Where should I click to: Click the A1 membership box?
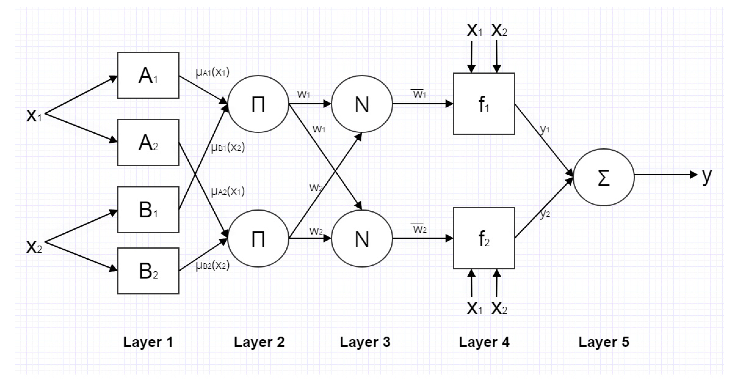point(148,75)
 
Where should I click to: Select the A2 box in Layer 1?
point(148,142)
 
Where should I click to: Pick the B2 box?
point(148,271)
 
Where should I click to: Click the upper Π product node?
point(258,104)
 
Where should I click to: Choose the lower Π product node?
point(258,238)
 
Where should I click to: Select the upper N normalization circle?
point(362,104)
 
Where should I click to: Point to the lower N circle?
point(362,238)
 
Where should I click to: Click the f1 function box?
point(484,104)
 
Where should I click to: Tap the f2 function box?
point(484,238)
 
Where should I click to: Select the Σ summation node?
point(604,177)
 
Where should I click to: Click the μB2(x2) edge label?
point(212,266)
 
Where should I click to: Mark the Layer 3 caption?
point(365,342)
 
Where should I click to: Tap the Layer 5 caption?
point(604,342)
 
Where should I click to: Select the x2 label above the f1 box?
point(499,30)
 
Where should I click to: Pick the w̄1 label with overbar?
point(419,93)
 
